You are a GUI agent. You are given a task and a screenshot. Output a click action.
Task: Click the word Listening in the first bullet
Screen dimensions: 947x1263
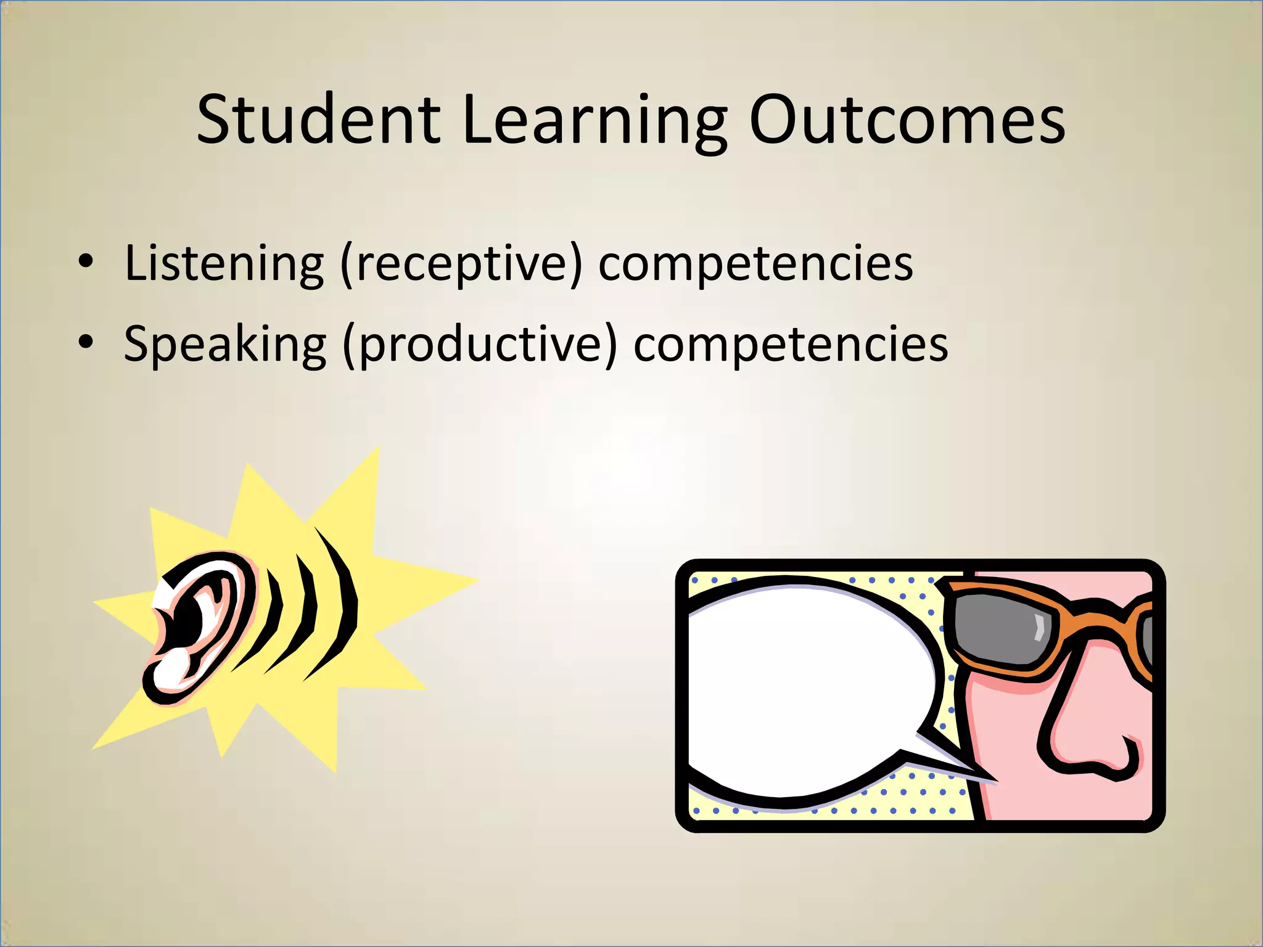[224, 263]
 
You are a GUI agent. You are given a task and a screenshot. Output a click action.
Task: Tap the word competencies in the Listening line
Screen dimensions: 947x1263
[755, 263]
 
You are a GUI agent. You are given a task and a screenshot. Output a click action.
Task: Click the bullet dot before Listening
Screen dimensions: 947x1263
[86, 261]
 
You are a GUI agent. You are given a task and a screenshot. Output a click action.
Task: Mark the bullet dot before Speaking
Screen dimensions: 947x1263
[86, 342]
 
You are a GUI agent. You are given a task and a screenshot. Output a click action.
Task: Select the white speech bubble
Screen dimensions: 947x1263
[808, 691]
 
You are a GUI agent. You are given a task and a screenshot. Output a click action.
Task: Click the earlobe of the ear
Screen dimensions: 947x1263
[167, 678]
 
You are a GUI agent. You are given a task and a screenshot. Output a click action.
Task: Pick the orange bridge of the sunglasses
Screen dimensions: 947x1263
[1104, 610]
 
